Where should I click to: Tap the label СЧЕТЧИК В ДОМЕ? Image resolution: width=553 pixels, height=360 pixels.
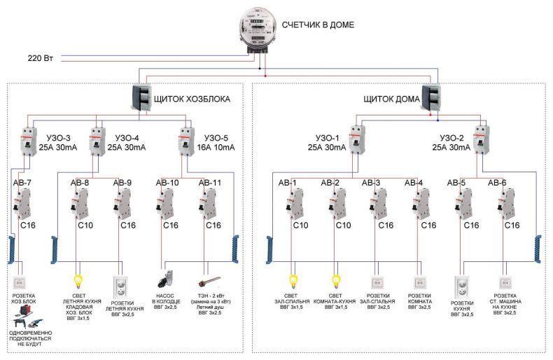pos(318,25)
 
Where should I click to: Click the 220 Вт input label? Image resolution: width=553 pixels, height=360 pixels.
pos(40,58)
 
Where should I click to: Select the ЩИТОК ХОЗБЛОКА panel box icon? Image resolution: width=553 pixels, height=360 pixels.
pos(141,98)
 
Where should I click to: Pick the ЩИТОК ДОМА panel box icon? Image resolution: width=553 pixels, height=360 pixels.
pos(430,98)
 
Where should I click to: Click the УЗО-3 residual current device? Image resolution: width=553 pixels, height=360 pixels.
pos(29,141)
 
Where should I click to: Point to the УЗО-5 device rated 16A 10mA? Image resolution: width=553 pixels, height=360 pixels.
pos(187,141)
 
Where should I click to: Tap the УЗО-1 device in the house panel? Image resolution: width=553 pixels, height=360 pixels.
pos(357,139)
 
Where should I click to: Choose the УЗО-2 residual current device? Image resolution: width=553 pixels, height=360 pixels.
pos(482,139)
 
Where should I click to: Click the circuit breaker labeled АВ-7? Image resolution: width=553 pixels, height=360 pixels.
pos(22,204)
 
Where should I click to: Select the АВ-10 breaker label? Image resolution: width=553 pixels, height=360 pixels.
pos(167,183)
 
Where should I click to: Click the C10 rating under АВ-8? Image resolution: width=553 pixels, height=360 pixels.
pos(85,226)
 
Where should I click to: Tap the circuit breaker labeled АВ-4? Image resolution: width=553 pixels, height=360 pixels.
pos(421,204)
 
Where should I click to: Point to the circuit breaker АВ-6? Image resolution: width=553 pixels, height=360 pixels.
pos(506,204)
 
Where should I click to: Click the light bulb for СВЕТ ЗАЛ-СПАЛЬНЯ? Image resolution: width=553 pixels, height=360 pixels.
pos(293,282)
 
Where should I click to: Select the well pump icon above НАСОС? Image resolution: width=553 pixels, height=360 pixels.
pos(165,279)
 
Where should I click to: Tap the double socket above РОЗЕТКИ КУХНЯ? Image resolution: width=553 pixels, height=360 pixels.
pos(462,287)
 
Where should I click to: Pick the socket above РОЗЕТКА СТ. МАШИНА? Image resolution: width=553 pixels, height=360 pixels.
pos(505,283)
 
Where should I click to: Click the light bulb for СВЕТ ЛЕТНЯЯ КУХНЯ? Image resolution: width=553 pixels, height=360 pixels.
pos(78,282)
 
